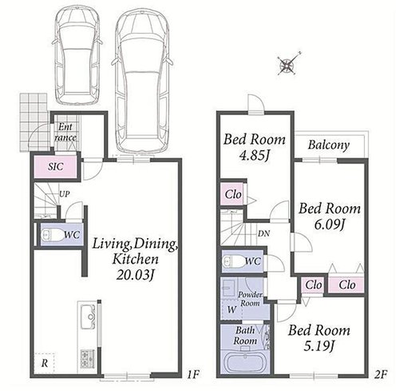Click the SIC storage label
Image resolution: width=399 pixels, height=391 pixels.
coord(56,167)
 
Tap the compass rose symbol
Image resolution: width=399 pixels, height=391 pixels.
coord(287,65)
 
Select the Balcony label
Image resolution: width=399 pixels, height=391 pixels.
coord(329,145)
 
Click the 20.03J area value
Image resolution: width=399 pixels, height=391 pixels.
coord(136,275)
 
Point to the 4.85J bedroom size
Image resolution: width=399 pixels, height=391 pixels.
coord(255,156)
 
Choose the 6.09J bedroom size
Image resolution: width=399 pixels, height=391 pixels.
coord(330,225)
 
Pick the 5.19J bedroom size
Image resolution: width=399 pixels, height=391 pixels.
coord(319,346)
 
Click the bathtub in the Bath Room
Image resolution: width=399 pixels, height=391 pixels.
coord(244,362)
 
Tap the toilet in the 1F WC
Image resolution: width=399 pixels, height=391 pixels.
coord(52,235)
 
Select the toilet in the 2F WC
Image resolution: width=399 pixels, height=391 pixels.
coord(234,261)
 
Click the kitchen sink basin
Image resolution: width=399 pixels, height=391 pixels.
coord(88,317)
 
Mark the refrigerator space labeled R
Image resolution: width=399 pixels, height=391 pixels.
coord(45,363)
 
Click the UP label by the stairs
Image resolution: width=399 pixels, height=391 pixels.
coord(65,194)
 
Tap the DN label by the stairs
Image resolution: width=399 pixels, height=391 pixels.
coord(264,233)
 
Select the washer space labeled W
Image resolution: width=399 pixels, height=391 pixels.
coord(232,309)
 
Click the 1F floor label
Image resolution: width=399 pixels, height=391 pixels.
coord(193,374)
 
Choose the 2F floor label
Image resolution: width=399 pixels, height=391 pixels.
coord(381,374)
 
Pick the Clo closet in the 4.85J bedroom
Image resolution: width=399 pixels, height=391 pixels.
coord(233,194)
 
